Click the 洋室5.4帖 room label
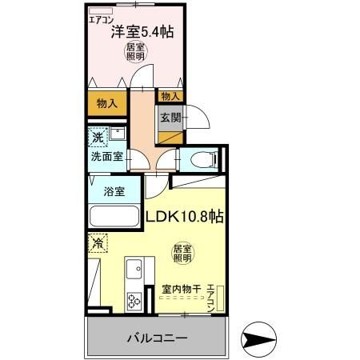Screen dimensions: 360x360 tap(143, 33)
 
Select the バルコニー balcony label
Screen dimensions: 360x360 tap(157, 338)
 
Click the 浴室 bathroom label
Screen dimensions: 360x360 tap(113, 191)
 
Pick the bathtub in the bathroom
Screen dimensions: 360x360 tap(114, 217)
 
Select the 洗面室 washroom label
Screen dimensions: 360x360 tap(106, 157)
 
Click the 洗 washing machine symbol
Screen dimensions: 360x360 tap(97, 136)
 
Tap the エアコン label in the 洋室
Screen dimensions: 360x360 tap(101, 18)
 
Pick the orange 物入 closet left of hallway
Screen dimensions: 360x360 tap(107, 102)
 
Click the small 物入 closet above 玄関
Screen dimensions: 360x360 tap(170, 96)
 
